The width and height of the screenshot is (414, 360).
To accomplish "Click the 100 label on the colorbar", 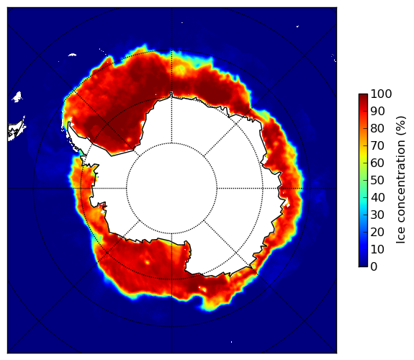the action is (x=381, y=94).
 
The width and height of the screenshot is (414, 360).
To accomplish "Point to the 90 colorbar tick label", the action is (x=377, y=111).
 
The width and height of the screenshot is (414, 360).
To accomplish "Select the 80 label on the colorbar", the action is (x=377, y=129).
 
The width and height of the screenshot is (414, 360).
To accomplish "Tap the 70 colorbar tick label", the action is (x=377, y=145).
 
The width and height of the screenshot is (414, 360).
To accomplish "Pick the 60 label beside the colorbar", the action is (x=377, y=163).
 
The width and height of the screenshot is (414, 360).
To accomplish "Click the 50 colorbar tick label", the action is (x=377, y=181).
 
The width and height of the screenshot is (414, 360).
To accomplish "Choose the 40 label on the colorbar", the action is (x=377, y=197).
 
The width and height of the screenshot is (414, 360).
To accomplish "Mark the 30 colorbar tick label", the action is (x=377, y=215).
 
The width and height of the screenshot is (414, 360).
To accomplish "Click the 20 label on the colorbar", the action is (x=377, y=232).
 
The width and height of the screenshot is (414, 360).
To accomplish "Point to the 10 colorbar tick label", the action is (x=377, y=249).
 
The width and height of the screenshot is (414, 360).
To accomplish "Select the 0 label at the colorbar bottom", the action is (x=374, y=267).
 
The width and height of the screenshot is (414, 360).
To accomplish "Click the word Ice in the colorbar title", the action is (x=401, y=237).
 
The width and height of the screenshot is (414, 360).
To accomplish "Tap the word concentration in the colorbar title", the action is (x=401, y=184).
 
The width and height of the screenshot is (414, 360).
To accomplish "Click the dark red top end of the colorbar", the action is (x=363, y=96).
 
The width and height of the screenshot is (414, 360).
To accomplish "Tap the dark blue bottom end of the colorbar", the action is (x=363, y=265).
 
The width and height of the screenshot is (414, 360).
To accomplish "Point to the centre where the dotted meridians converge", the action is (x=171, y=189).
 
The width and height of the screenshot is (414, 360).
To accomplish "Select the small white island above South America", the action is (x=17, y=96).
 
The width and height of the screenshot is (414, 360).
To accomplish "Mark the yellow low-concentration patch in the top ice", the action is (x=180, y=69).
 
